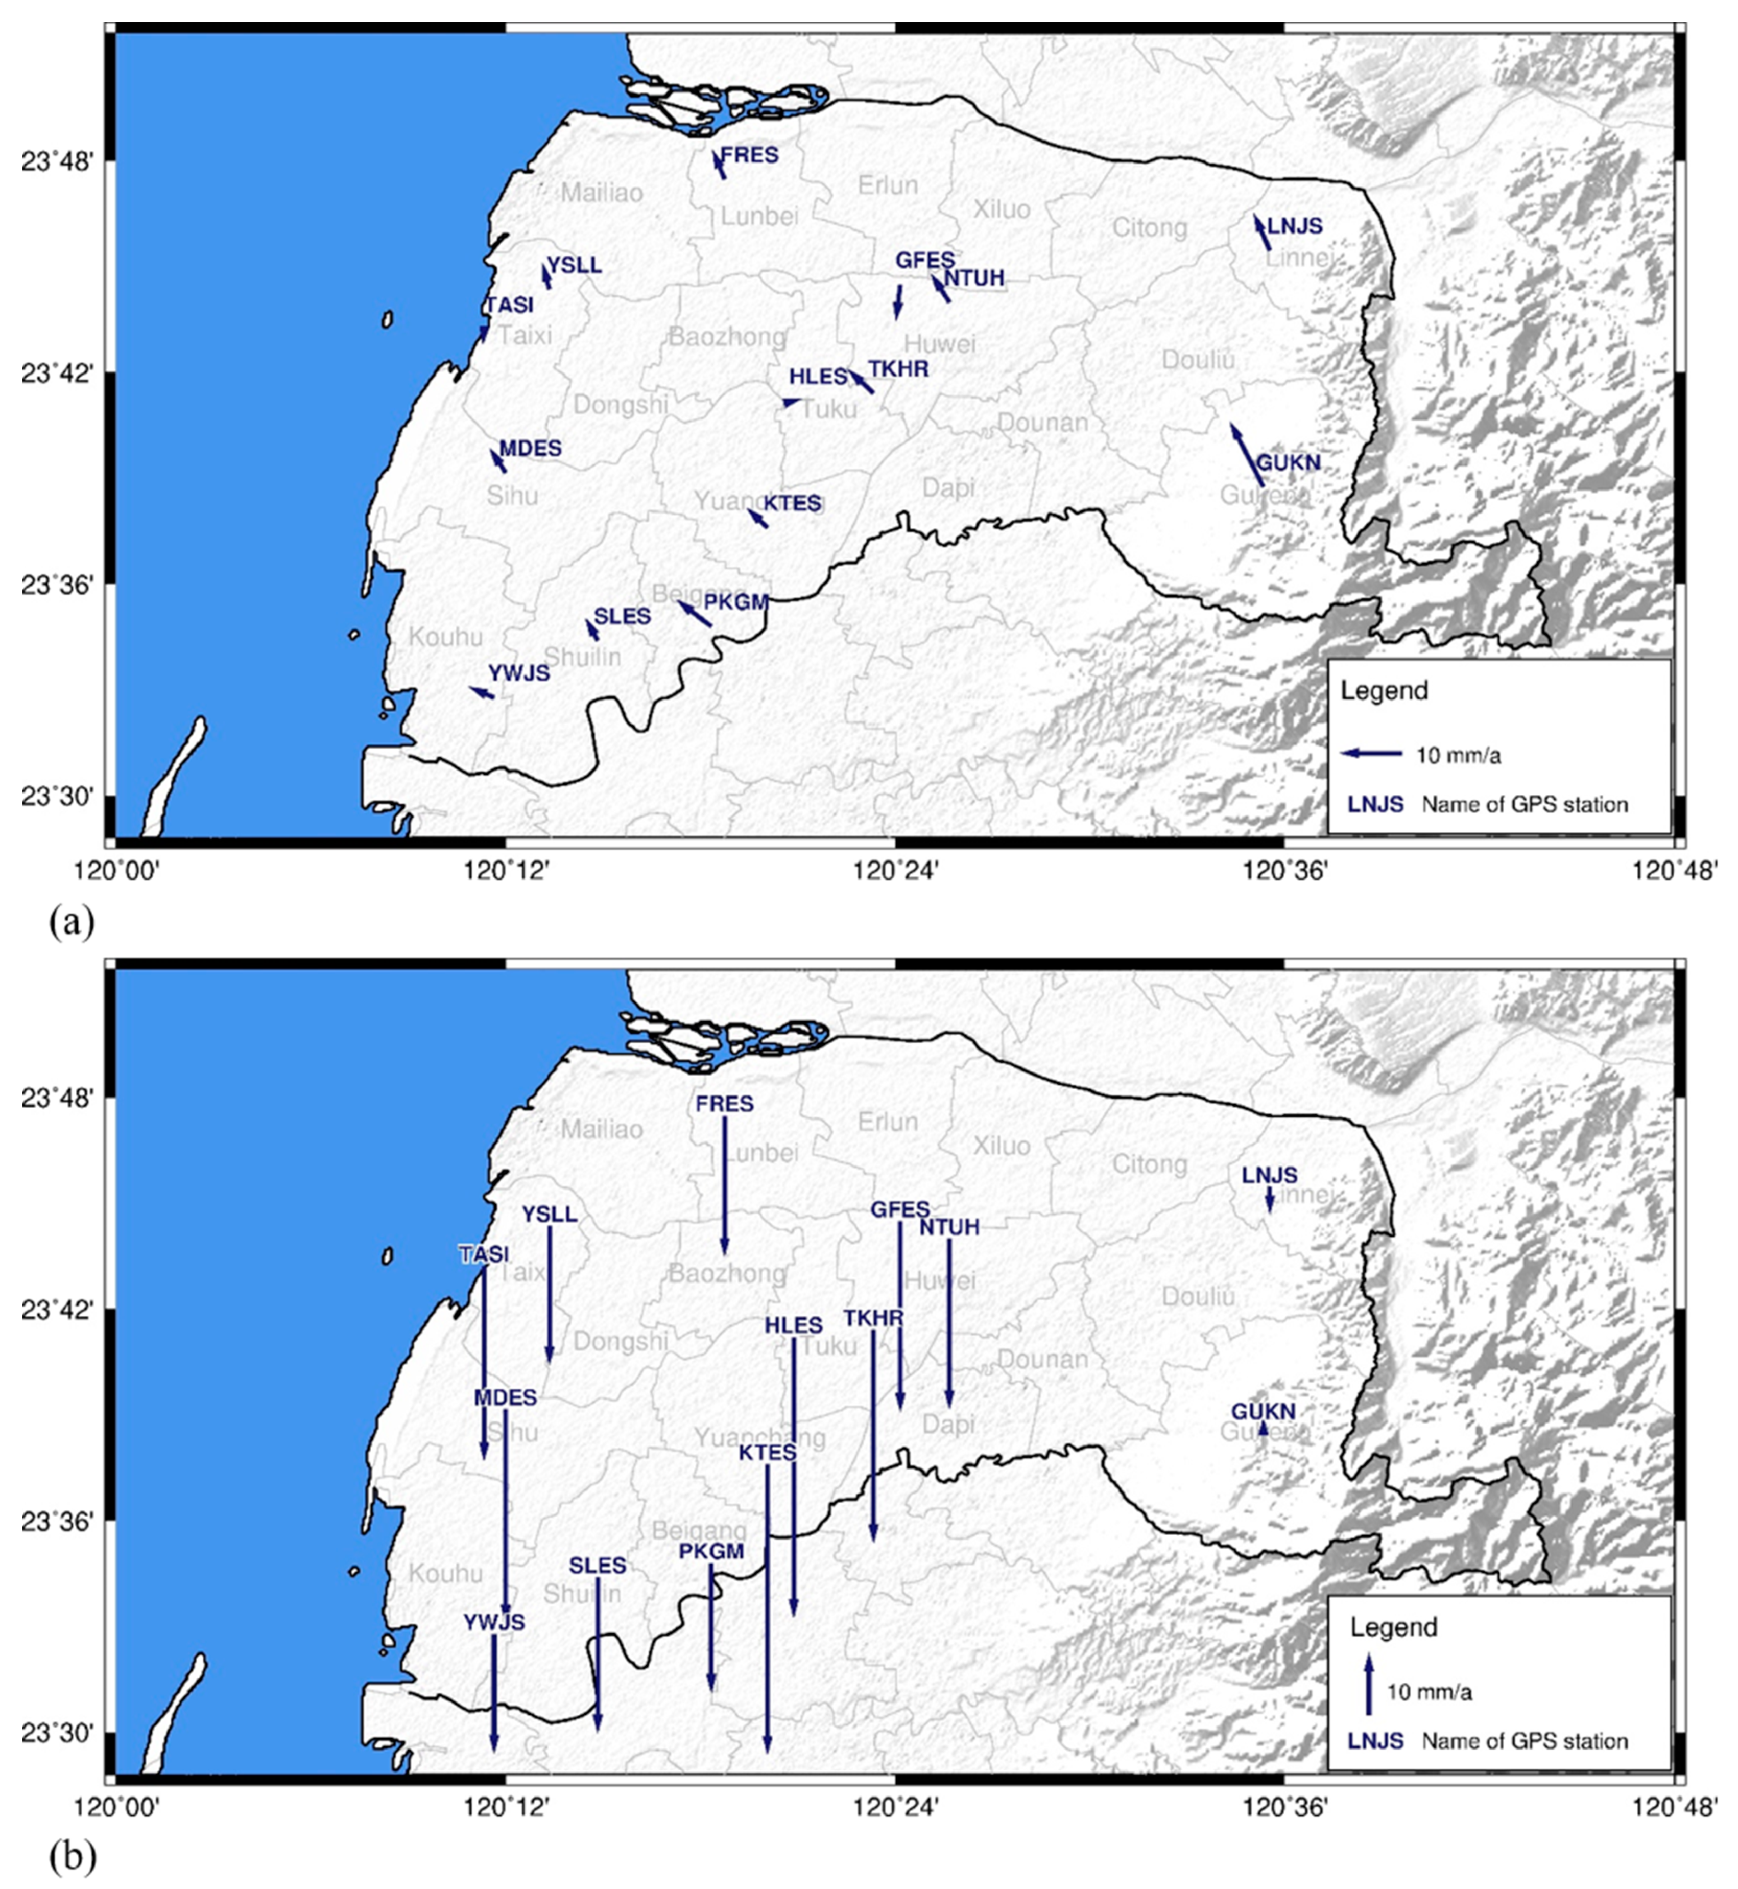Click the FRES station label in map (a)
point(750,154)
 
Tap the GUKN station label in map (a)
point(1289,463)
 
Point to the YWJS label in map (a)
point(518,673)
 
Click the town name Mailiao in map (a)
point(602,193)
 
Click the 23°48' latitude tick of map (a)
point(56,161)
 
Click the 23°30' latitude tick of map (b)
point(56,1732)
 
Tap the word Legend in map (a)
point(1385,691)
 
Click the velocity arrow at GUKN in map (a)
point(1247,455)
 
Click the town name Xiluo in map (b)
point(1002,1146)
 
